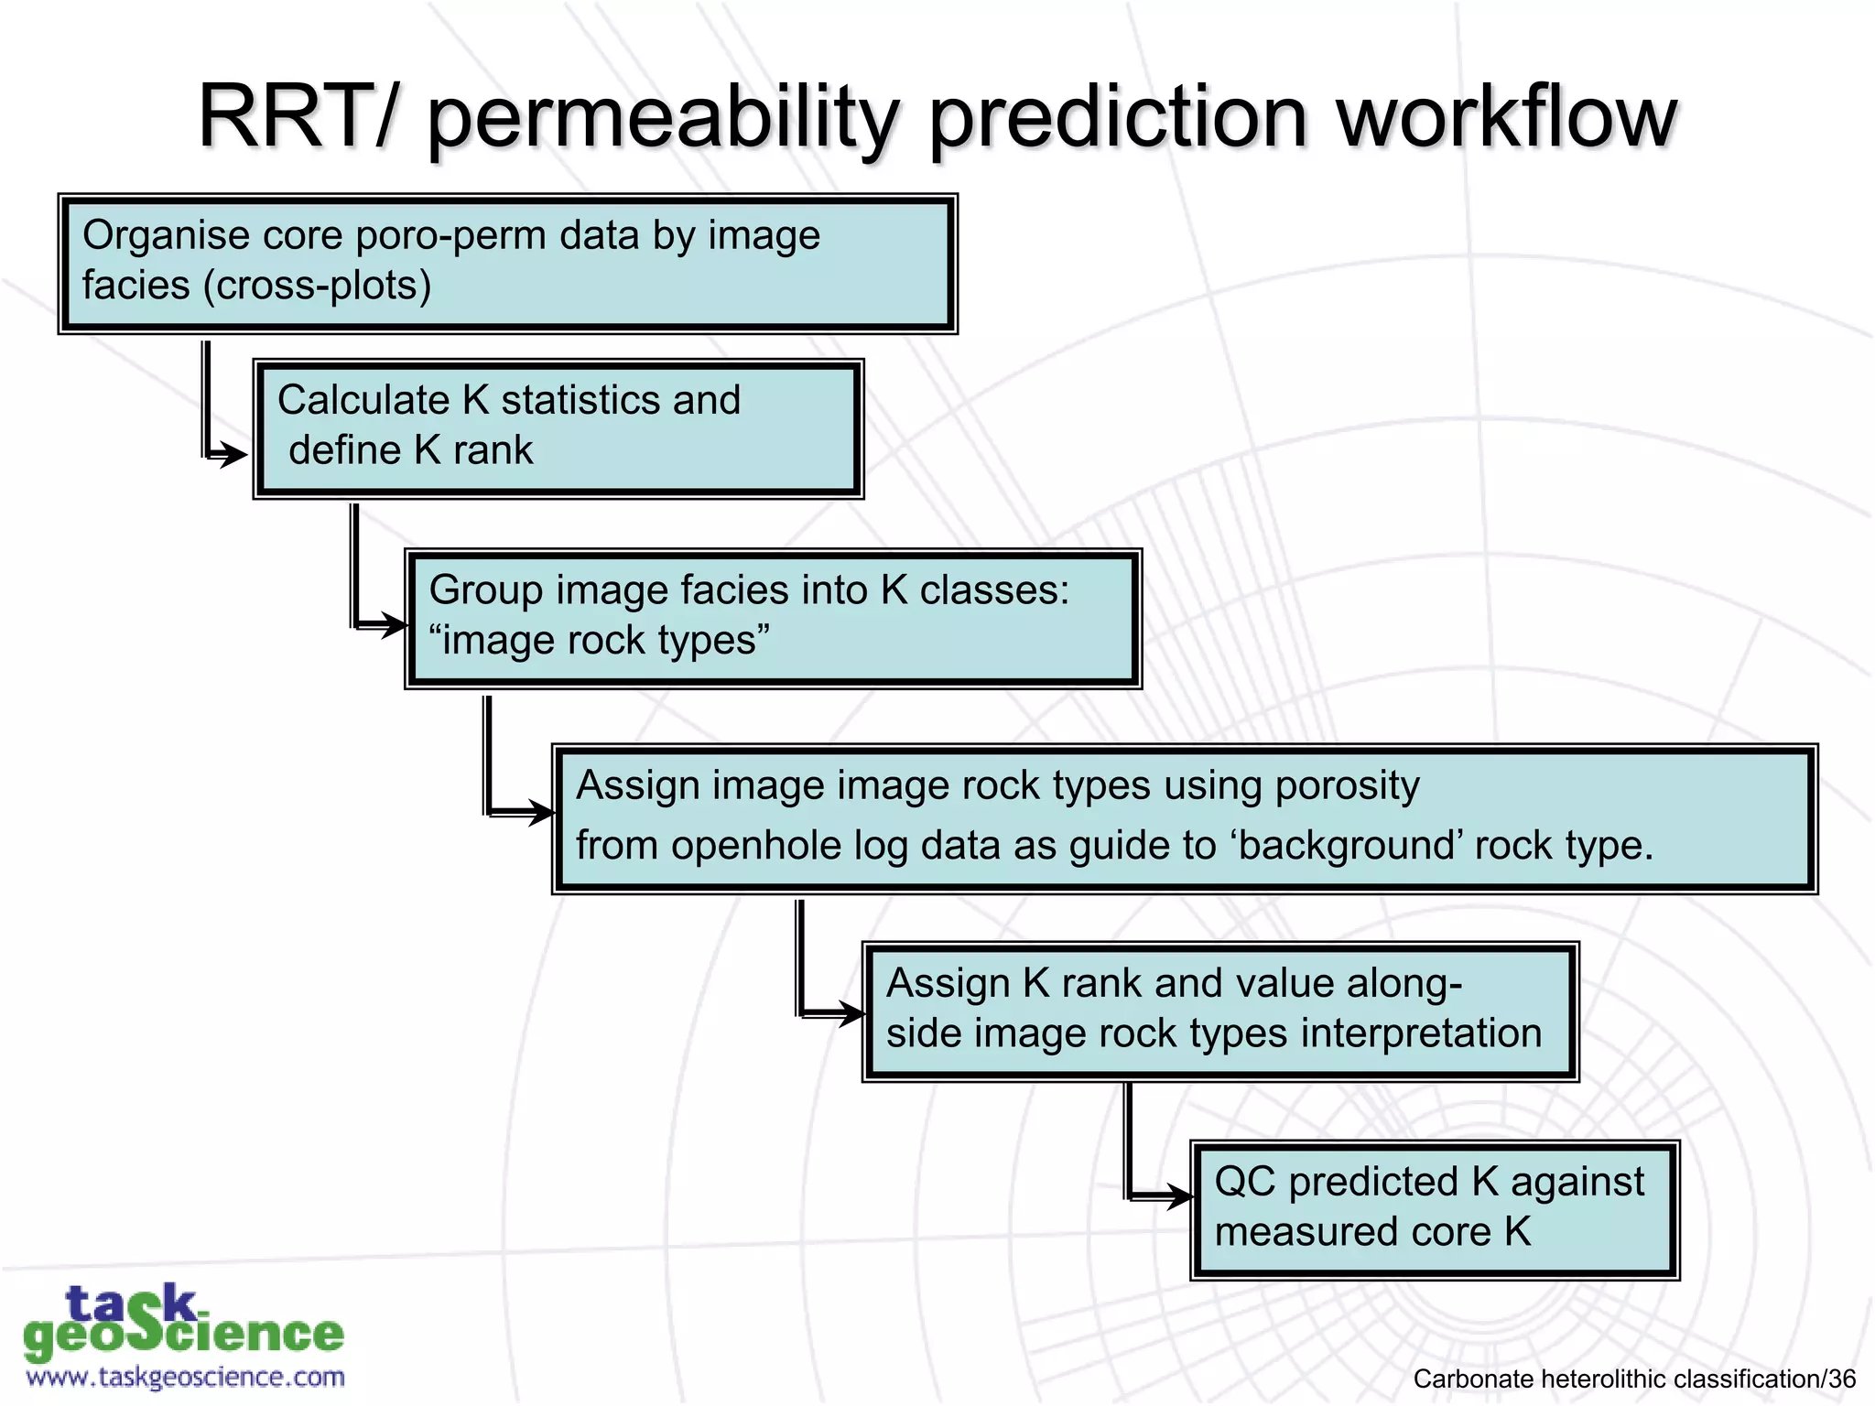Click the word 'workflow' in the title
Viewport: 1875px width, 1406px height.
click(x=1506, y=117)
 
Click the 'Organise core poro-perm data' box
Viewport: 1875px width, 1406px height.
click(x=508, y=264)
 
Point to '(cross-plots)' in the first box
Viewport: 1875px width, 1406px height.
click(x=316, y=286)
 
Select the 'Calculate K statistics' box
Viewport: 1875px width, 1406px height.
click(x=558, y=428)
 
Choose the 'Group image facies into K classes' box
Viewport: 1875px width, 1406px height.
click(x=774, y=619)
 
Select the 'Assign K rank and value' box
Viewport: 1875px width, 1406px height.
click(x=1220, y=1011)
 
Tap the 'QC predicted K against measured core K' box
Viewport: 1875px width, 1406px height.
click(x=1435, y=1210)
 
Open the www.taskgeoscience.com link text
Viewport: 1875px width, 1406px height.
click(x=186, y=1377)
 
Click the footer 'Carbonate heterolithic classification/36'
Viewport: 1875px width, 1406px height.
click(x=1634, y=1379)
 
